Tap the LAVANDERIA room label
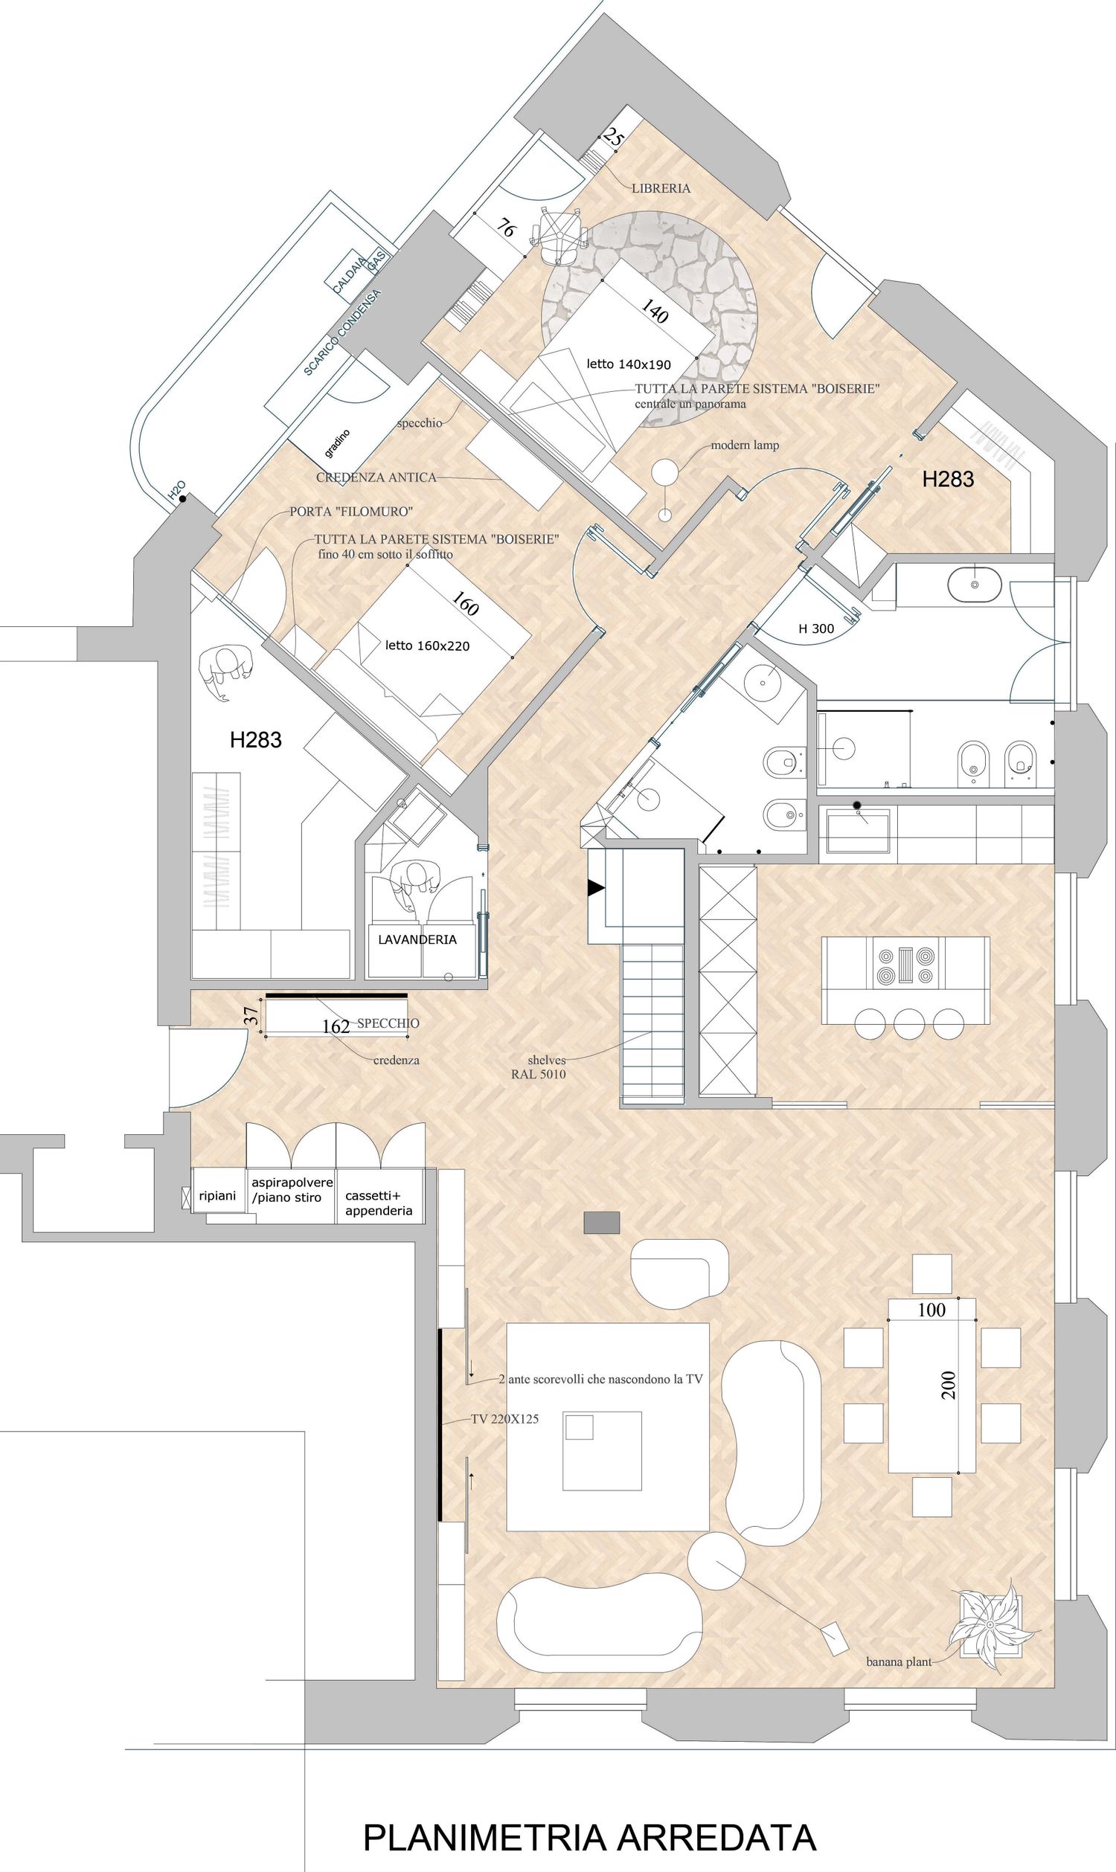click(x=417, y=940)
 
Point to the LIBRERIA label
click(x=661, y=189)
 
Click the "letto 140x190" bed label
click(x=629, y=364)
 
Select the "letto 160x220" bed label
click(x=427, y=646)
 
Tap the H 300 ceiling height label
click(x=816, y=628)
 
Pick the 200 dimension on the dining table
click(x=949, y=1385)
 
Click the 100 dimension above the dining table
click(x=931, y=1310)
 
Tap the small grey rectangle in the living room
click(x=602, y=1223)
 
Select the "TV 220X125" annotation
click(x=504, y=1419)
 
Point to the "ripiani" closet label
click(x=217, y=1196)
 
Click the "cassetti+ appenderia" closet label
click(x=379, y=1203)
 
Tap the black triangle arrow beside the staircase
click(x=597, y=889)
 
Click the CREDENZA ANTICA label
click(x=376, y=477)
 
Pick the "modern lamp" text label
click(x=745, y=445)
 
